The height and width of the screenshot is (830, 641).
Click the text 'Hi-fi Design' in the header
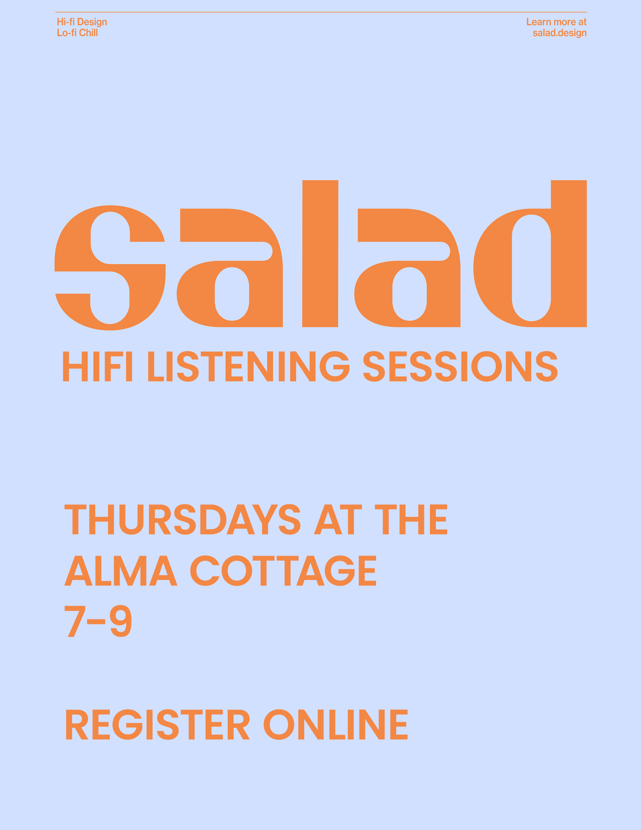tap(82, 22)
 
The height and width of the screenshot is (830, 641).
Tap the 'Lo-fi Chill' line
tap(77, 33)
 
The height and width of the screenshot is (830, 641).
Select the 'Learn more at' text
tap(556, 22)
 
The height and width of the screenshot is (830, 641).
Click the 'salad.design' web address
tap(559, 33)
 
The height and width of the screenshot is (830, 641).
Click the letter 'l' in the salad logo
tap(320, 253)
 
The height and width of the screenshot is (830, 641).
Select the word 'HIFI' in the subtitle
tap(97, 366)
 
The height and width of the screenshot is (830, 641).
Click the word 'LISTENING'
tap(248, 366)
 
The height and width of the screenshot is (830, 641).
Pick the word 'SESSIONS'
tap(460, 366)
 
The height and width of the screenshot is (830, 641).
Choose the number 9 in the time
tap(121, 621)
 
